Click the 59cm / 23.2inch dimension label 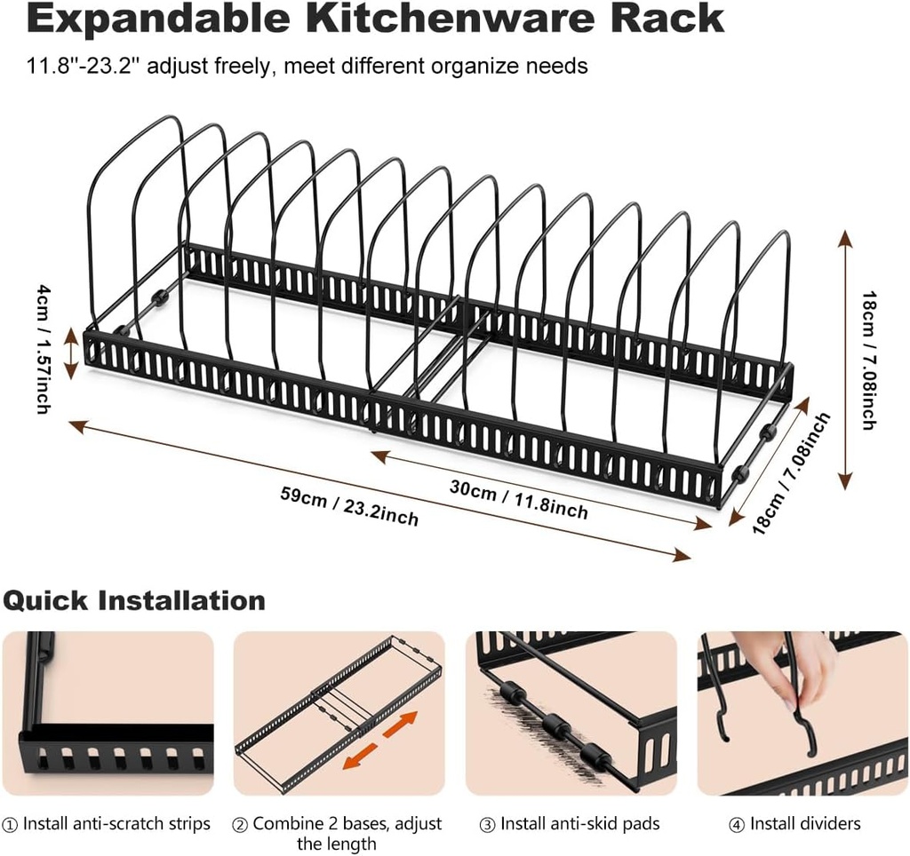[348, 503]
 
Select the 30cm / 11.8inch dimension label [519, 498]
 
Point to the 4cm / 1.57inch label [42, 347]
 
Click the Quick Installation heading [134, 600]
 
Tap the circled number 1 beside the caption [12, 825]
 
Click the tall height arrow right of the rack [844, 361]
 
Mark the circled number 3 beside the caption [489, 825]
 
